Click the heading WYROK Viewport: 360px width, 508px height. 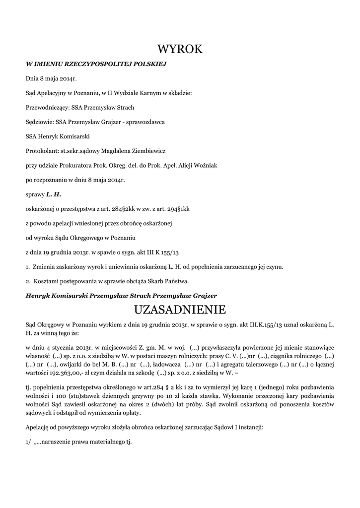180,49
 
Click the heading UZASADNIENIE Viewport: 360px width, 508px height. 180,310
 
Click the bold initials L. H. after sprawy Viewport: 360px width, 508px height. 53,194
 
